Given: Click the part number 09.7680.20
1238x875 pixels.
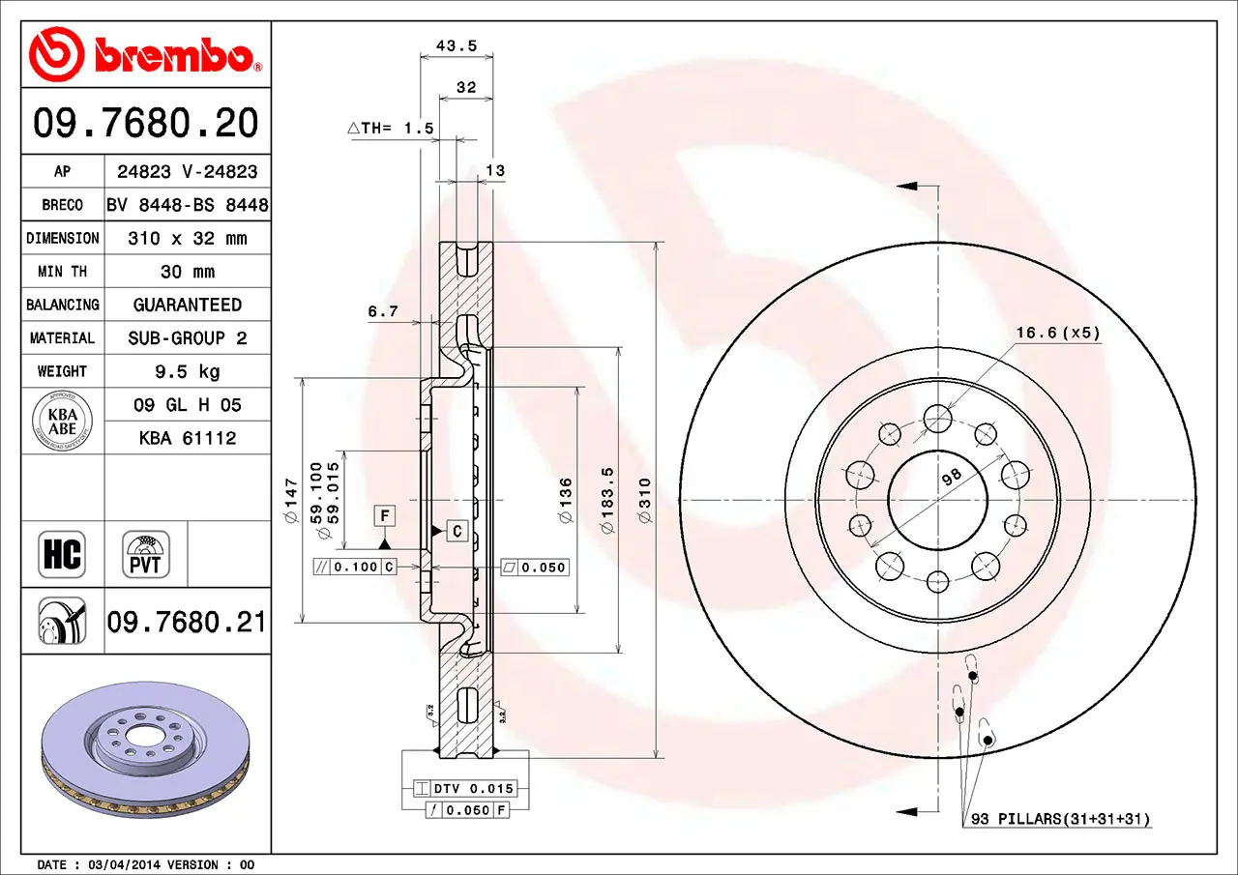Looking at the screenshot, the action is tap(146, 123).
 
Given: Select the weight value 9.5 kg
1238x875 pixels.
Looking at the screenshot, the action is tap(188, 371).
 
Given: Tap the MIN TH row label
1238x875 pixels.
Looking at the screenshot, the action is tap(63, 272).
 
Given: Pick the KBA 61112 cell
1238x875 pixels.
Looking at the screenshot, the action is tap(188, 438).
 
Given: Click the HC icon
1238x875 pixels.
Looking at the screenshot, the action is tap(62, 554).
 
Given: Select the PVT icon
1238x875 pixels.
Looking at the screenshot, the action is tap(145, 554).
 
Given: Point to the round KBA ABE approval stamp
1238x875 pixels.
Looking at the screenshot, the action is tap(63, 421).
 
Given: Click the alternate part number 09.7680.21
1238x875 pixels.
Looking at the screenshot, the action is tap(187, 622).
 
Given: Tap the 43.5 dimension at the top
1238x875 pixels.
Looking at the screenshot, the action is tap(457, 45).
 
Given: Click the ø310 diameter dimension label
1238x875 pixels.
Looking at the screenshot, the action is tap(645, 501).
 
